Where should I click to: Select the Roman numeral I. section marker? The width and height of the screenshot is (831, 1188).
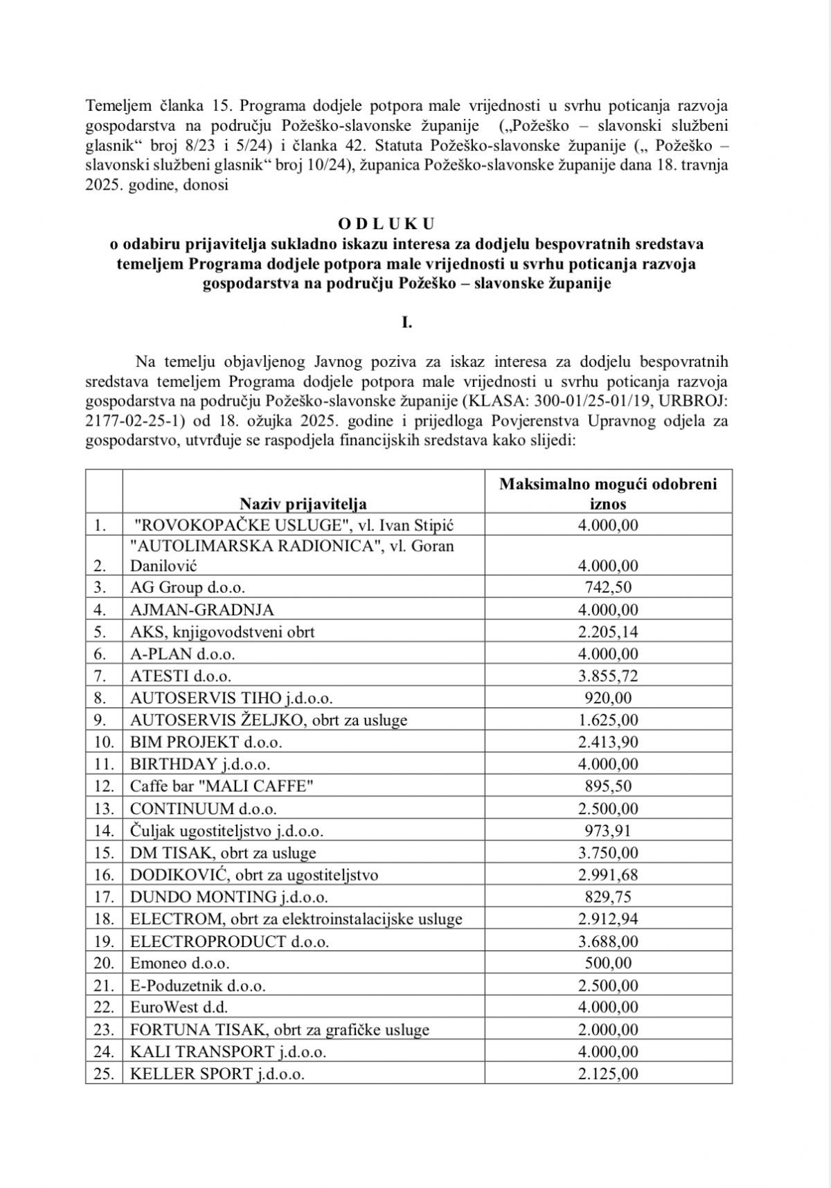click(406, 322)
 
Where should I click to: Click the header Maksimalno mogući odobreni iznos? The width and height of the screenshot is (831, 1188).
click(608, 493)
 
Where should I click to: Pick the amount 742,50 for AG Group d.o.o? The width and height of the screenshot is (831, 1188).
click(608, 588)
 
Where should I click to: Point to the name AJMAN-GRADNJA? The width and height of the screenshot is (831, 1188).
click(202, 610)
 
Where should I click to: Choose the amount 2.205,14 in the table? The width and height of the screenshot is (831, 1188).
click(608, 632)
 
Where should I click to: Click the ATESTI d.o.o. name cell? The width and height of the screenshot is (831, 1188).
click(181, 676)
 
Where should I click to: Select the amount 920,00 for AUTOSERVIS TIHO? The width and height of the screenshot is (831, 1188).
click(608, 698)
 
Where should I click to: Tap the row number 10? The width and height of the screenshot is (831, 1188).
click(104, 742)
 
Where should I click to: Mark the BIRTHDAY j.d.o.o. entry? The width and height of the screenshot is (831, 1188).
click(200, 764)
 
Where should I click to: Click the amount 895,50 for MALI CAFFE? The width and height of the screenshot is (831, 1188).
click(608, 786)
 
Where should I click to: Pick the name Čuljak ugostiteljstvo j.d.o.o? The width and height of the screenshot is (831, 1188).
click(226, 831)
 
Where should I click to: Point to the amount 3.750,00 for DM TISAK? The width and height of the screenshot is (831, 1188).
click(608, 853)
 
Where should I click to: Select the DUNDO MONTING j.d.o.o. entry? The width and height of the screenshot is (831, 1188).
click(229, 897)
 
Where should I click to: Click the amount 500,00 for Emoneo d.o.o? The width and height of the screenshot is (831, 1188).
click(608, 963)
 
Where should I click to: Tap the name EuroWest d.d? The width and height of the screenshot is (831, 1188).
click(179, 1007)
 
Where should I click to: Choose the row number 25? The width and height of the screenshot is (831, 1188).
click(104, 1074)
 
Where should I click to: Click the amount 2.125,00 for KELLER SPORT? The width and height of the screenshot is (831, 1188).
click(608, 1074)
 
